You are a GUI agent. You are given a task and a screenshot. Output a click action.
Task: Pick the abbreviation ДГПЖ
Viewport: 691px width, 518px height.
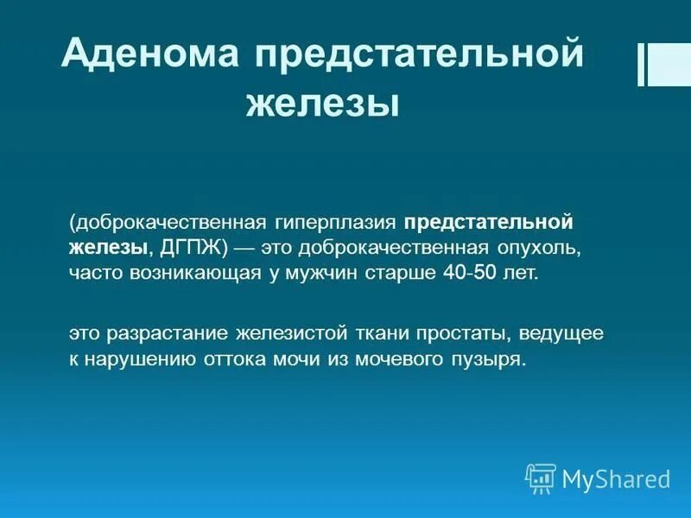(189, 248)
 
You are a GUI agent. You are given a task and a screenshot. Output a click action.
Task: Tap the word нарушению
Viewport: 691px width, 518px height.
(134, 358)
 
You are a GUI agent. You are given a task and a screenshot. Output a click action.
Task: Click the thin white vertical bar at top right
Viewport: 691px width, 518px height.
(641, 65)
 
